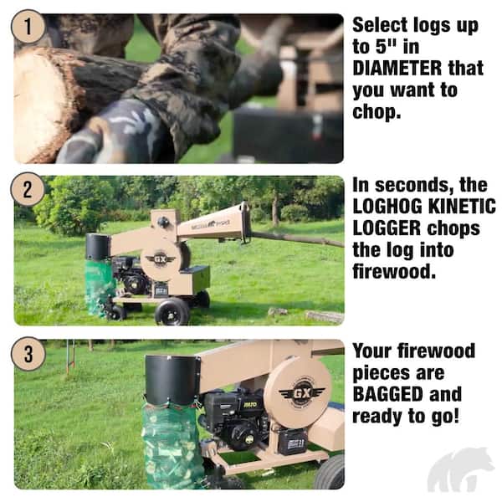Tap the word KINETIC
point(466,207)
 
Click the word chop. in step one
point(376,112)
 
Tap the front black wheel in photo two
point(172,312)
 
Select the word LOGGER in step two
point(387,228)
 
